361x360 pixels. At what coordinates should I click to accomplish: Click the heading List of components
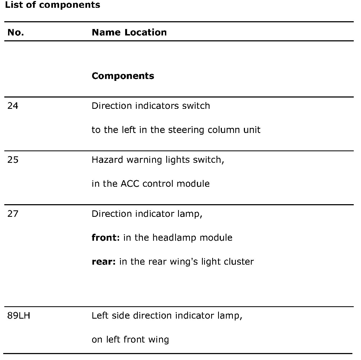click(53, 5)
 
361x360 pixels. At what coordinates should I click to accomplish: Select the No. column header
click(16, 33)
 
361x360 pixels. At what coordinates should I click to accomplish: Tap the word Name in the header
click(106, 33)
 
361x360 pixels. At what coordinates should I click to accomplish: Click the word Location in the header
click(146, 33)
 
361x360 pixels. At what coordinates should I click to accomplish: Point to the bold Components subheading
click(123, 76)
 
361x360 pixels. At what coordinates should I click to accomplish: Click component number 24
click(13, 106)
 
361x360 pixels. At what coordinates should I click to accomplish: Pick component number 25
click(13, 160)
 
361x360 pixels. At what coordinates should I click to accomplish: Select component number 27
click(13, 214)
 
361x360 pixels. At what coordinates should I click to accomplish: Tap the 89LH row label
click(19, 315)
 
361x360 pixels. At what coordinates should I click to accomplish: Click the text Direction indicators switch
click(151, 106)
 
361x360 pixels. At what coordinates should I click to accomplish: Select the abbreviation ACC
click(130, 184)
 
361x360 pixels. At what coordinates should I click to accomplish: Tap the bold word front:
click(106, 238)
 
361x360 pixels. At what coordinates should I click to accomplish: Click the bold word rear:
click(104, 262)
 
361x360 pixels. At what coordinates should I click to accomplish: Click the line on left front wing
click(130, 340)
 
